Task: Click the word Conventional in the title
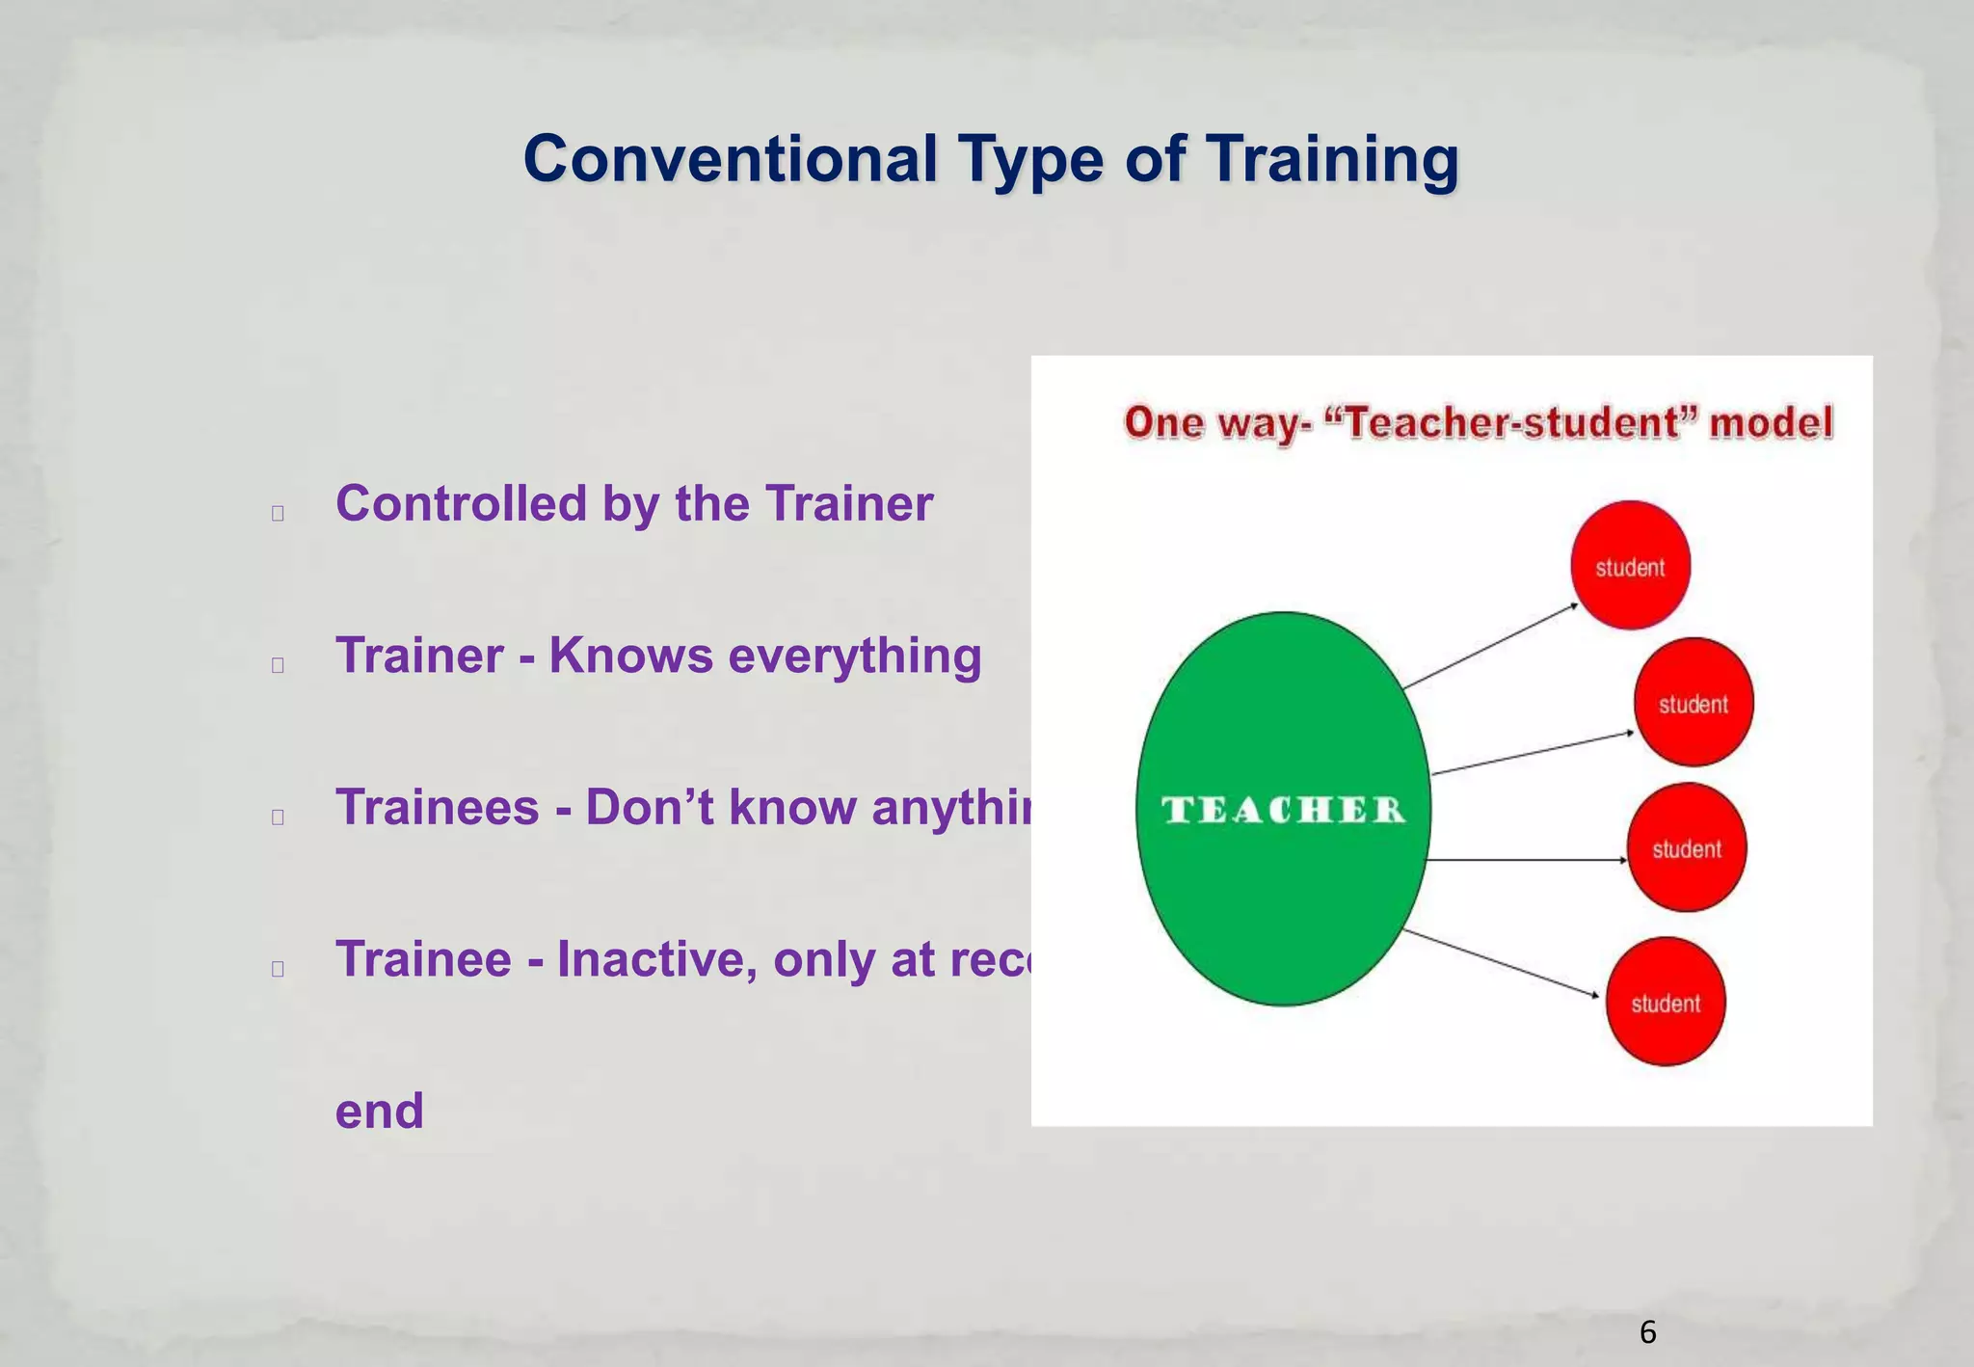pos(730,159)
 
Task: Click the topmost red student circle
pos(1630,566)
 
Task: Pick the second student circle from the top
pos(1694,703)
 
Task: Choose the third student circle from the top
pos(1687,848)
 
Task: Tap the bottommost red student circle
pos(1666,1003)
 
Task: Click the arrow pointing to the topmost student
pos(1490,646)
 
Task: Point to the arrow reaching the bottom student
pos(1500,964)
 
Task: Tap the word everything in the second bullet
pos(854,657)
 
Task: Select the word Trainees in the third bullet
pos(437,808)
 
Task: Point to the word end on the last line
pos(379,1111)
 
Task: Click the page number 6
pos(1647,1332)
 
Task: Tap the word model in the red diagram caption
pos(1770,422)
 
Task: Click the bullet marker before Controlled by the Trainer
pos(278,513)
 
